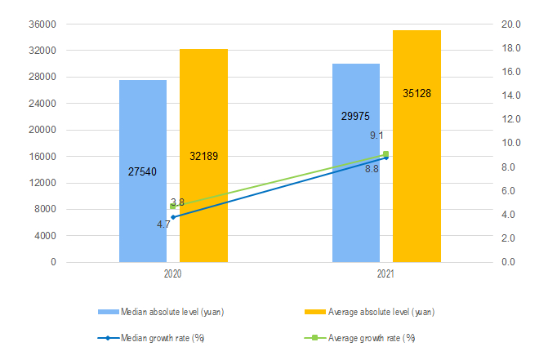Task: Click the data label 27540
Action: point(143,172)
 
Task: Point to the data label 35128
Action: point(416,94)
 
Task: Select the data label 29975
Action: point(355,117)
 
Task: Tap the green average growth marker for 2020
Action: point(173,207)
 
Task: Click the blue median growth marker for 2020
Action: point(173,217)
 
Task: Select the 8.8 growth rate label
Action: point(372,169)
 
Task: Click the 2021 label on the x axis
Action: point(385,276)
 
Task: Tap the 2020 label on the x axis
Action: point(172,276)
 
